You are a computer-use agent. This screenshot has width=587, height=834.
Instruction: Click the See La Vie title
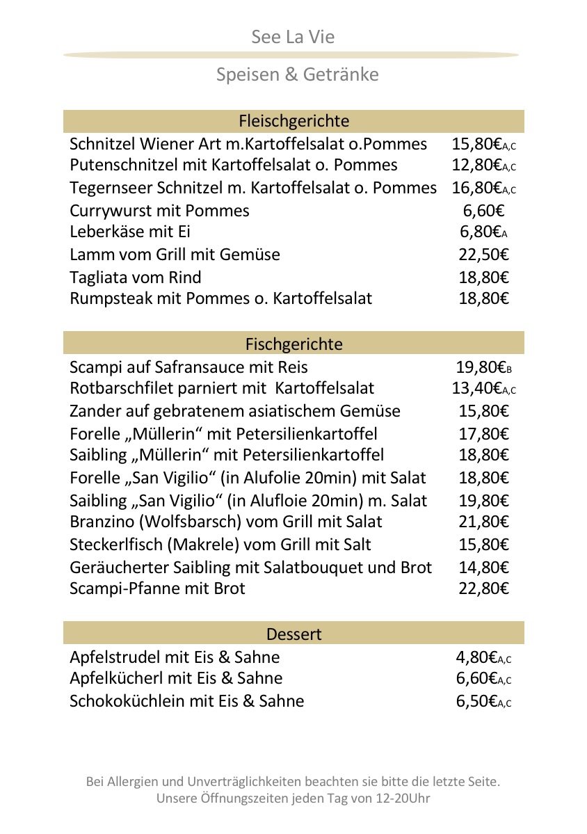click(x=293, y=37)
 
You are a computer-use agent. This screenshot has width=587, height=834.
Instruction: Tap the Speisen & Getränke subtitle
click(x=297, y=74)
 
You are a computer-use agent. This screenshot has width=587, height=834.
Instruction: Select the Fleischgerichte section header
click(x=293, y=121)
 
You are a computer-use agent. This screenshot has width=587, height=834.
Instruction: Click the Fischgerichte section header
click(x=293, y=344)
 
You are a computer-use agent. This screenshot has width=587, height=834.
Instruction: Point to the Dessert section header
click(x=293, y=634)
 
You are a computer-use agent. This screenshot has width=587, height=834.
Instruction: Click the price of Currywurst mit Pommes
click(x=483, y=211)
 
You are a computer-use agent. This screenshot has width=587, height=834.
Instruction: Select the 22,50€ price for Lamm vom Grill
click(x=483, y=255)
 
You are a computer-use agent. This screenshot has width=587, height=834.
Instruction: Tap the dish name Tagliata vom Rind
click(x=136, y=278)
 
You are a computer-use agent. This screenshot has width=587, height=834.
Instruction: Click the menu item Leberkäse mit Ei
click(x=130, y=232)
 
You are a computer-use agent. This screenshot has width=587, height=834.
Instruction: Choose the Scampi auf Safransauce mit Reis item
click(x=188, y=367)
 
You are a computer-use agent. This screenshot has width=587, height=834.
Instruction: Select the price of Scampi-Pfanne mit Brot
click(x=483, y=588)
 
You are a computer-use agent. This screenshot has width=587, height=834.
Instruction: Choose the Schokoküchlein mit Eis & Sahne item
click(x=187, y=701)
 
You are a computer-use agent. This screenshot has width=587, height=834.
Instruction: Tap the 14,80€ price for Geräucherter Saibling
click(x=483, y=568)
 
